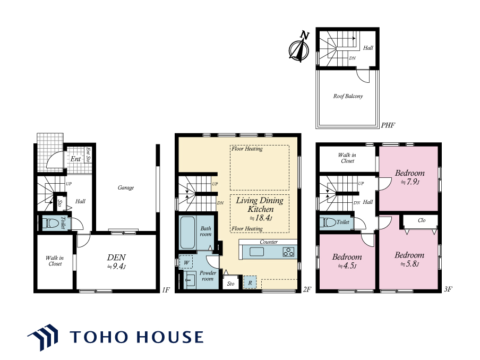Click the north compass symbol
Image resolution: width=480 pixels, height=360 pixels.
[299, 47]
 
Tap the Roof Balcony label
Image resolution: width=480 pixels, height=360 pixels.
[348, 96]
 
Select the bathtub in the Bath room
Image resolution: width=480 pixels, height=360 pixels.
[187, 233]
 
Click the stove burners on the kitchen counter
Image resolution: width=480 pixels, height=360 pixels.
[288, 252]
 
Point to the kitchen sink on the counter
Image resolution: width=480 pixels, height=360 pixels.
[256, 252]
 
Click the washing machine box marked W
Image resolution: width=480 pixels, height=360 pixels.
[186, 262]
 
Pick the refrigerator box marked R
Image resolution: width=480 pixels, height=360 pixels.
[250, 282]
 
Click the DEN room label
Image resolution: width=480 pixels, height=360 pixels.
[116, 258]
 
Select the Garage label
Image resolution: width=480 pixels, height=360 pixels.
[126, 187]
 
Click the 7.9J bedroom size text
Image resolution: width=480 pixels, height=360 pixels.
[410, 182]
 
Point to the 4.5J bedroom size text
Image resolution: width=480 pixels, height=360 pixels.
[347, 265]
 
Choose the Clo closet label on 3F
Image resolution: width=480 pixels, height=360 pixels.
[422, 220]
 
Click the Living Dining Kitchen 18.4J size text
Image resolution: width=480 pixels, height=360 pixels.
[261, 218]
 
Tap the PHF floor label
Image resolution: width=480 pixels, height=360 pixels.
[388, 125]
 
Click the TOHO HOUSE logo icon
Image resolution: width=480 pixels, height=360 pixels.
[43, 337]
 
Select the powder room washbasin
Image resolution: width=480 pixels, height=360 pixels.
[190, 279]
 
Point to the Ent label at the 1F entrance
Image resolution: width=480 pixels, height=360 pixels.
[75, 159]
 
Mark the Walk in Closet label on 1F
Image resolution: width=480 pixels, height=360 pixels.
[55, 261]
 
